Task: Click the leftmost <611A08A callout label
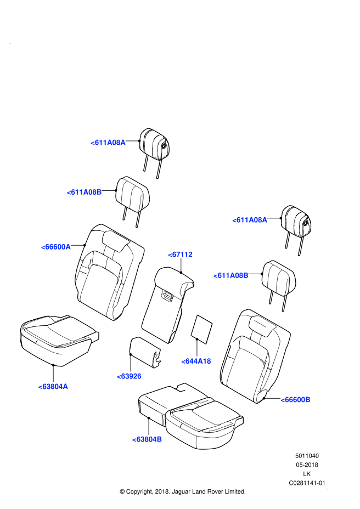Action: coord(108,143)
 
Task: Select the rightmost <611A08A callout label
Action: coord(250,220)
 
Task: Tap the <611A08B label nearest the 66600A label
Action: coord(84,192)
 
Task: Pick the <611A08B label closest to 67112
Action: coord(231,275)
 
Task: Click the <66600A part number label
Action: coord(55,247)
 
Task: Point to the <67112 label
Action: coord(180,255)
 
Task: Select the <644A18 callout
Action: coord(196,361)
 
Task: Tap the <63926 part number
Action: coord(129,376)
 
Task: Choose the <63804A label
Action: coord(53,387)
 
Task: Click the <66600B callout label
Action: coord(295,400)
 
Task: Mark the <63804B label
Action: coord(147,439)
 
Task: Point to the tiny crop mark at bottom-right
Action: coord(327,488)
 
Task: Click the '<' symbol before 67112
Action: coord(170,255)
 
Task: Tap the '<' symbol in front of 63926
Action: coord(119,376)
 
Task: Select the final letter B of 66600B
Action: coord(308,400)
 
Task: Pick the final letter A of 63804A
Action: coord(65,387)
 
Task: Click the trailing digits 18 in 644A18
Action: coord(207,361)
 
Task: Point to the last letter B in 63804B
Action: coord(160,439)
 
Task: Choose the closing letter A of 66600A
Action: coord(68,247)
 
